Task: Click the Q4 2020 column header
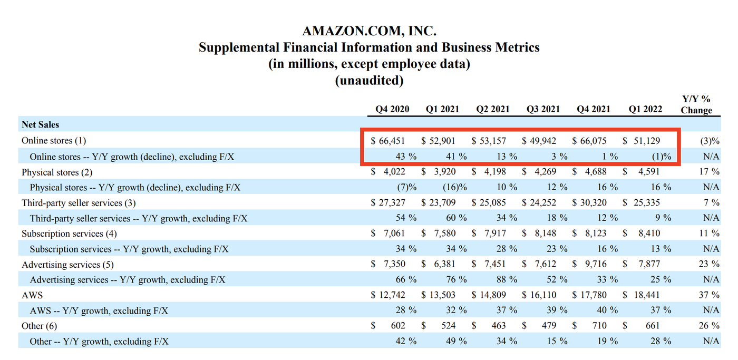click(392, 109)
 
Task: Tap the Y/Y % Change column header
click(696, 104)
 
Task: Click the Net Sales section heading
click(40, 125)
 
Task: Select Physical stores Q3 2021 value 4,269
click(546, 171)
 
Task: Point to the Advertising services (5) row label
click(67, 265)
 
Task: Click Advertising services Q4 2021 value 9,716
click(596, 264)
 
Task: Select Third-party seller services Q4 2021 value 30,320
click(593, 202)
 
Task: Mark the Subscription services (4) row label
click(69, 233)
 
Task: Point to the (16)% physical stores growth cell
click(455, 187)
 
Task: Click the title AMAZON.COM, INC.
click(369, 31)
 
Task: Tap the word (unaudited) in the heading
click(369, 81)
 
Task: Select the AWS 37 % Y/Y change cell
click(708, 295)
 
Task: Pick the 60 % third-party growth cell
click(457, 218)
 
